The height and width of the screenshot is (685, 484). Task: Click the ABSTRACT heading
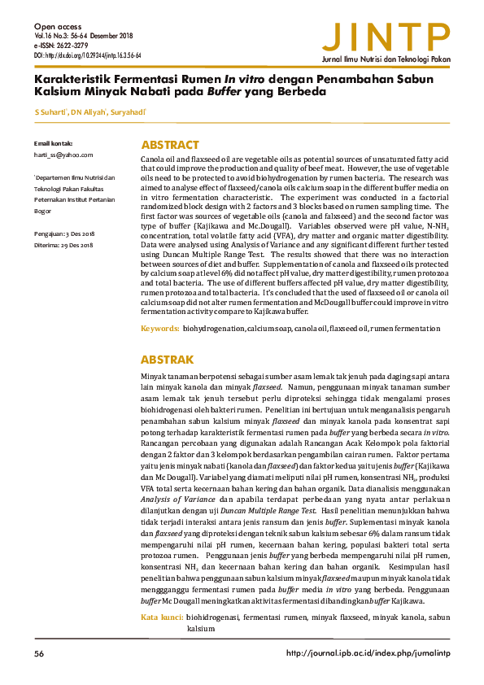[x=170, y=145]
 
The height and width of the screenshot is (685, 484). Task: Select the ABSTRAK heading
[x=168, y=359]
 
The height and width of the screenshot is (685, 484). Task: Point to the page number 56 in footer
[x=39, y=654]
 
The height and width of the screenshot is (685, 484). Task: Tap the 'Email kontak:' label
[x=54, y=143]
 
